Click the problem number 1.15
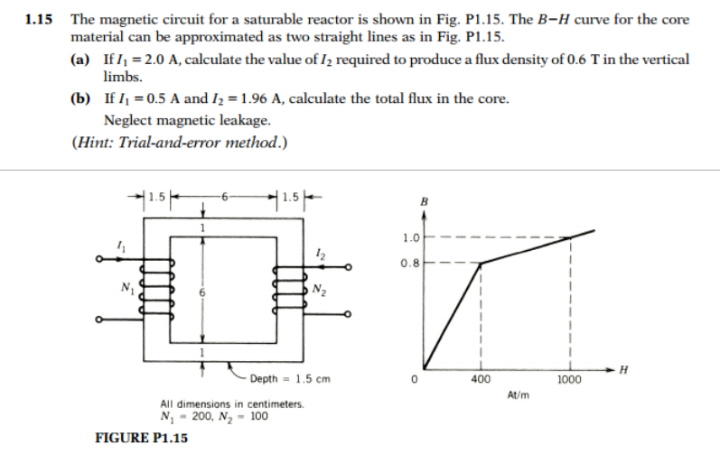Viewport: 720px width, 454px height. point(37,19)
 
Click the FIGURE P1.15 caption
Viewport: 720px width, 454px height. point(141,438)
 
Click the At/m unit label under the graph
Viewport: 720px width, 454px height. point(518,395)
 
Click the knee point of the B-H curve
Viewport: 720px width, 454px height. point(480,264)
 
